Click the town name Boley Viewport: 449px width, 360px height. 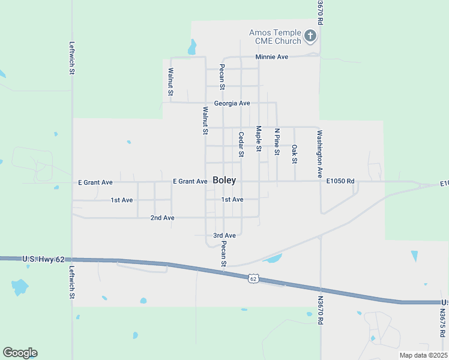click(x=224, y=181)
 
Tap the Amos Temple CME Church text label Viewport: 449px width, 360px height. click(x=275, y=37)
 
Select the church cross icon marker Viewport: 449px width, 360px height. click(x=310, y=36)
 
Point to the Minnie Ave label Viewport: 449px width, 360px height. click(x=272, y=57)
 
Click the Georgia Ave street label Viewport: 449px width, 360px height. click(x=232, y=103)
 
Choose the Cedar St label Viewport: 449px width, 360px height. click(x=241, y=145)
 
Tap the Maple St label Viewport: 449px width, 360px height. click(x=259, y=139)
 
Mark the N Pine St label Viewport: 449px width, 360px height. click(x=277, y=142)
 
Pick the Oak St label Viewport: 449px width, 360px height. click(x=294, y=154)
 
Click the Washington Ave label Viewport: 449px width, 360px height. click(x=320, y=154)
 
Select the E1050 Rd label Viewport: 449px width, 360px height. click(x=340, y=181)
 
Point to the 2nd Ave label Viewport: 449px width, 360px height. click(x=162, y=218)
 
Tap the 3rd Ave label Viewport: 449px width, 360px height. click(x=224, y=236)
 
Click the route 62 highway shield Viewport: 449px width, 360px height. click(x=254, y=278)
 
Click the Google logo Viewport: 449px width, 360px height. click(x=20, y=353)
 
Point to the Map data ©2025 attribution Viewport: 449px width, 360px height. click(x=423, y=355)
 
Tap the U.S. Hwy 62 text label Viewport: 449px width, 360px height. click(x=43, y=259)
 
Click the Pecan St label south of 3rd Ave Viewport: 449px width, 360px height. click(x=223, y=254)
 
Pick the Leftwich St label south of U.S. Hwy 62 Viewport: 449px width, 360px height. click(x=72, y=283)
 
